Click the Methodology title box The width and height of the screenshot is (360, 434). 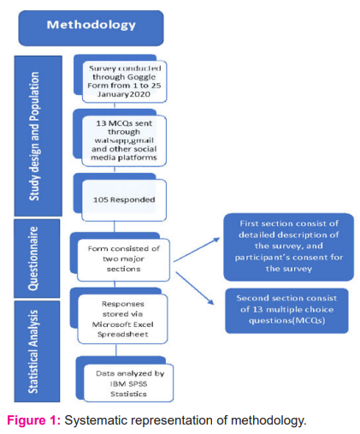(91, 28)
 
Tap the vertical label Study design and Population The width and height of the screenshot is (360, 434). (34, 136)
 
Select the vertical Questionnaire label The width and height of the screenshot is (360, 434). (33, 259)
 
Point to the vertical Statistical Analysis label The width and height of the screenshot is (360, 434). (33, 352)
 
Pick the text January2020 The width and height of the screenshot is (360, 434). (124, 94)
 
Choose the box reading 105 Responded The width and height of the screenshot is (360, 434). (124, 200)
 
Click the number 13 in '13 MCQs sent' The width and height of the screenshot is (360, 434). (101, 123)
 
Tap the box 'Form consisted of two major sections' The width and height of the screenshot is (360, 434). (123, 259)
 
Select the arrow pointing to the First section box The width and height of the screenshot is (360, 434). (197, 250)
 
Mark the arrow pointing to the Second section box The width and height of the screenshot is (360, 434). (195, 288)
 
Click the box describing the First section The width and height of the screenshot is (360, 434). (288, 247)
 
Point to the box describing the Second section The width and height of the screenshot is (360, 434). (286, 311)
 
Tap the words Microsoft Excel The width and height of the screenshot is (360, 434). (123, 324)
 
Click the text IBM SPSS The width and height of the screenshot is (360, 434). (128, 383)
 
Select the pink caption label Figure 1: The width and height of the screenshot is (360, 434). (34, 420)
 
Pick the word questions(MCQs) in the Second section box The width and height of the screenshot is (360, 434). (286, 321)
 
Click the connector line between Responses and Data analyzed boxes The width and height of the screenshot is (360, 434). (116, 350)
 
